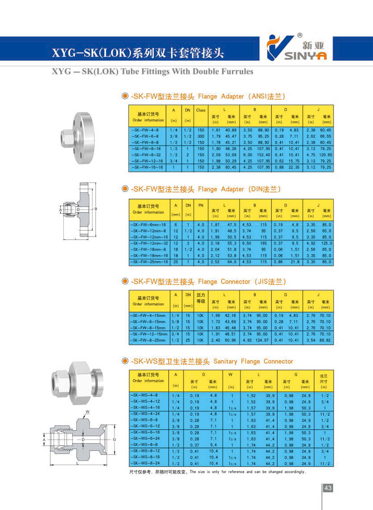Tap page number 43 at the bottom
coord(328,488)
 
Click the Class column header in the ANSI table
coord(201,110)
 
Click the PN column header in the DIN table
coord(201,205)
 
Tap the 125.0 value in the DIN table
coord(326,243)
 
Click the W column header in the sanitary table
coord(230,374)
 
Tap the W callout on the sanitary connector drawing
coord(87,412)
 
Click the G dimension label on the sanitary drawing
coord(114,440)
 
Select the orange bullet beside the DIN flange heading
coord(125,189)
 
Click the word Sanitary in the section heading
coord(225,361)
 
